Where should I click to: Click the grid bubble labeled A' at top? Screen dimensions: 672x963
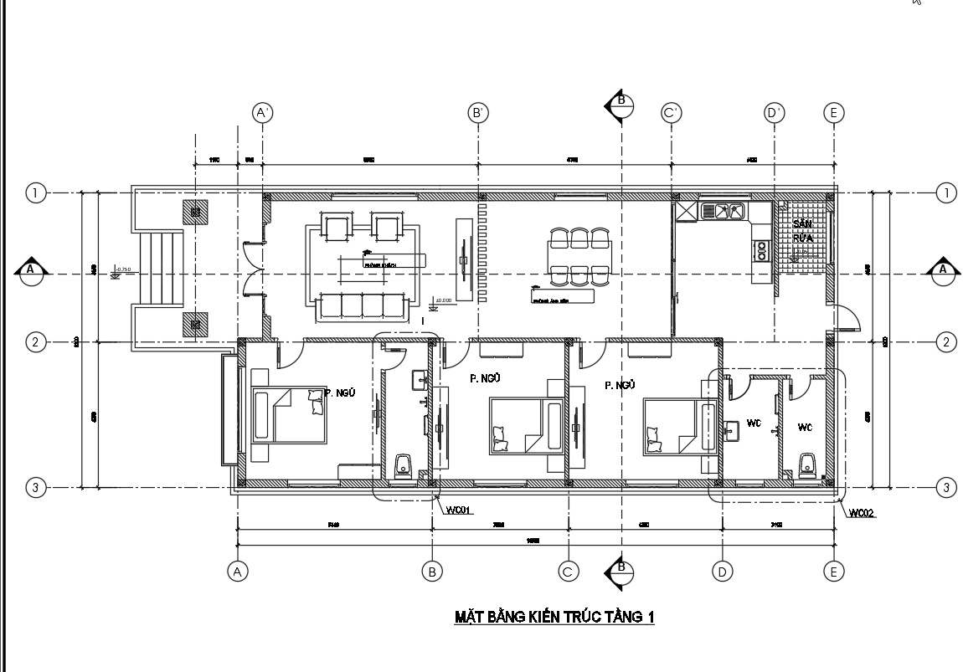[263, 112]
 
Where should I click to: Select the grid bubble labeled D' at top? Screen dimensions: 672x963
[774, 112]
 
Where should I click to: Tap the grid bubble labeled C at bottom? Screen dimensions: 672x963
[569, 572]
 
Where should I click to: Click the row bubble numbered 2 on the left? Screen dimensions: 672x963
[35, 341]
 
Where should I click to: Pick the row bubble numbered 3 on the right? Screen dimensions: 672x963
[946, 487]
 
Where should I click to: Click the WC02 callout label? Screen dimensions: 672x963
[862, 513]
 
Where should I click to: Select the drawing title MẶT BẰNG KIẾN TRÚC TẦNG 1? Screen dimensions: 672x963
[554, 618]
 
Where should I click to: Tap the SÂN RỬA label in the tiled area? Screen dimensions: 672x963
[802, 231]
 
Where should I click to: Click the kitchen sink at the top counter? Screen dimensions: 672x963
[724, 211]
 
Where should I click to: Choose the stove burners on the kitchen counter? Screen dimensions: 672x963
[761, 249]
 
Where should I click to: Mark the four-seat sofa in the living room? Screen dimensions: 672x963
[363, 306]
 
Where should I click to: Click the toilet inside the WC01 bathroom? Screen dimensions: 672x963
[404, 467]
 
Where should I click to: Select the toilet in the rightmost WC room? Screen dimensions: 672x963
[808, 466]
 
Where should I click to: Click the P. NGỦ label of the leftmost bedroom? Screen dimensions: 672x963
[341, 393]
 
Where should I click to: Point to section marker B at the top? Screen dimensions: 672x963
[620, 105]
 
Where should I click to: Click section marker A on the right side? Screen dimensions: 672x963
[942, 269]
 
